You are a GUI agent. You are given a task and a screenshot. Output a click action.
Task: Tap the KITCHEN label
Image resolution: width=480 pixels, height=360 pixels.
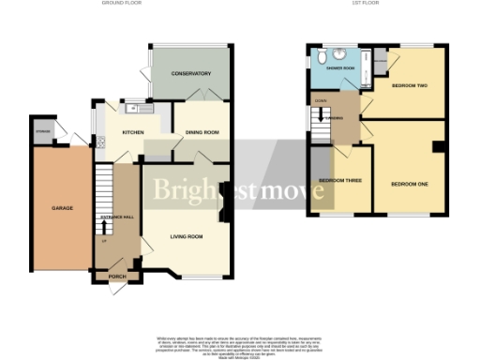[134, 132]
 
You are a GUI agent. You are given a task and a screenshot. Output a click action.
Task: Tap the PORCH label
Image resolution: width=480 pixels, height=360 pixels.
[117, 277]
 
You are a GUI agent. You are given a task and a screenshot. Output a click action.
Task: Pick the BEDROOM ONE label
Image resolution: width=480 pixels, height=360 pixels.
[410, 184]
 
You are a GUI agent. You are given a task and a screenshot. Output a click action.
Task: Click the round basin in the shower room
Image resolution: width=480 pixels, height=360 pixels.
[339, 53]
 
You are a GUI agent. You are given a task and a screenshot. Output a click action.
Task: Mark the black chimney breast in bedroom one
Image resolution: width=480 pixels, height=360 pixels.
[437, 147]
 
